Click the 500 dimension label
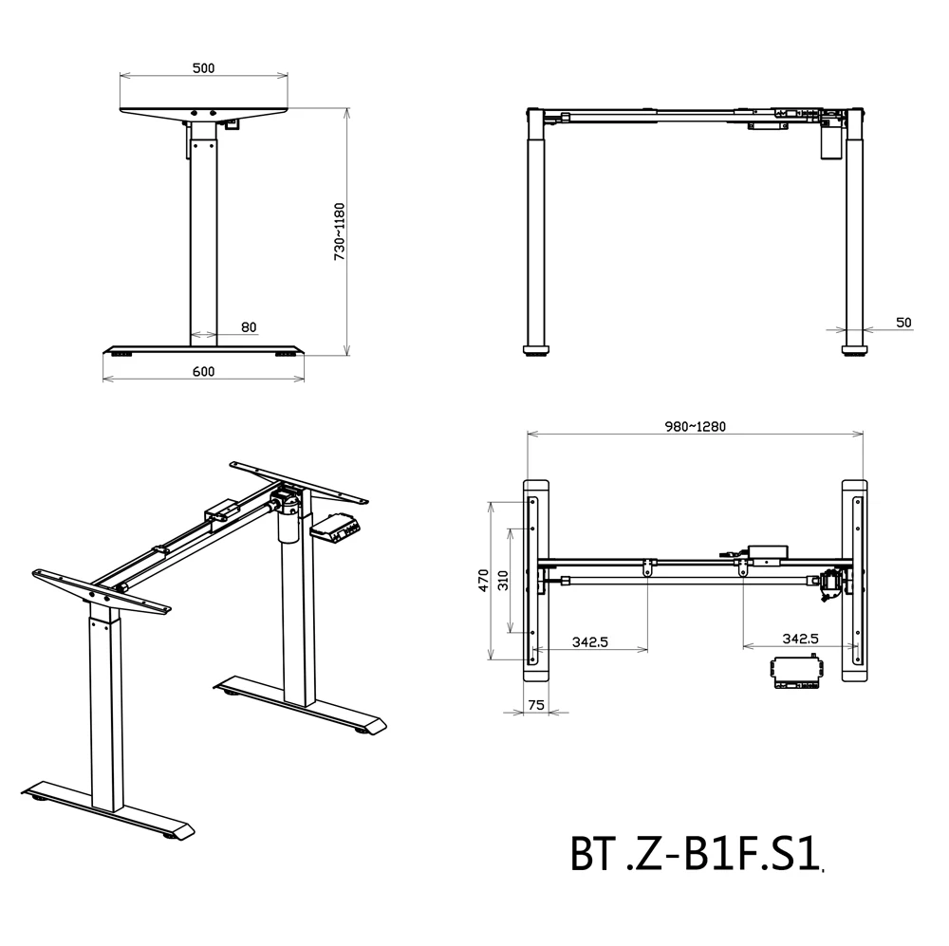(203, 68)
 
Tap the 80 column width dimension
(249, 327)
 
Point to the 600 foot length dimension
(203, 372)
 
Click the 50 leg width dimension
(902, 323)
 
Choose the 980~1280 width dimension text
(696, 426)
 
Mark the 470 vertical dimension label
(483, 580)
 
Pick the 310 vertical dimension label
(504, 580)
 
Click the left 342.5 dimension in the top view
(589, 641)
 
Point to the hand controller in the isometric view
(335, 527)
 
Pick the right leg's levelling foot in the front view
(855, 350)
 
